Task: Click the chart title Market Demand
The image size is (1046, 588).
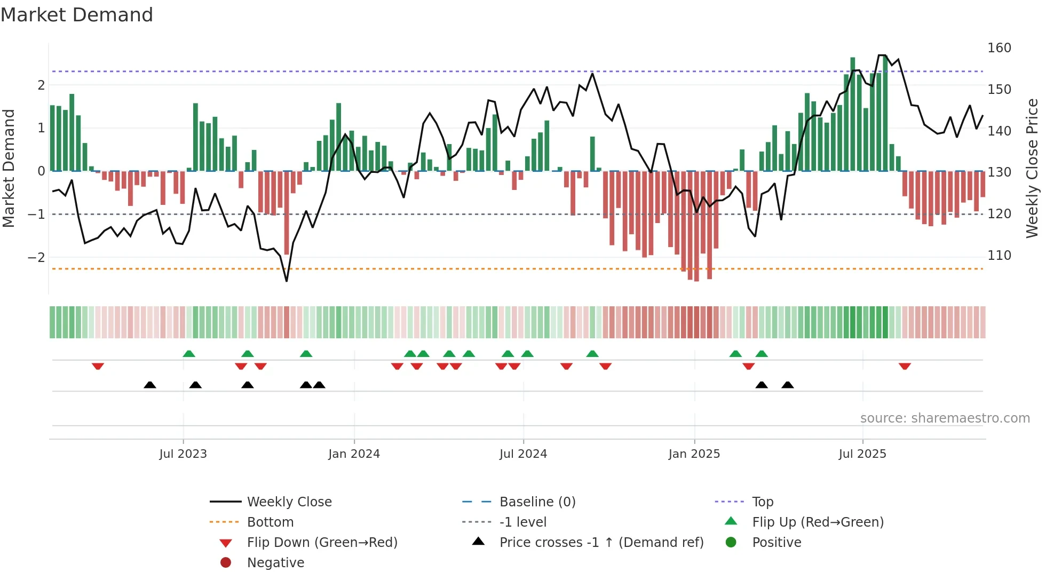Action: [77, 14]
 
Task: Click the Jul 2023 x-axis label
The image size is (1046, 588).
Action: [183, 454]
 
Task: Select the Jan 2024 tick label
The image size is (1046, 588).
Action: [354, 454]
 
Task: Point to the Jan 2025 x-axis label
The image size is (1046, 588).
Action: [694, 454]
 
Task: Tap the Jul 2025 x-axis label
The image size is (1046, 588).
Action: [862, 454]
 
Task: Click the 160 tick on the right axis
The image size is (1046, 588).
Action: [999, 48]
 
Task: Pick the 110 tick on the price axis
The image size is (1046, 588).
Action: [999, 256]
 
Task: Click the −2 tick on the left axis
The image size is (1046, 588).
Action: [36, 258]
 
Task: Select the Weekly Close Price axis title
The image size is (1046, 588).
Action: [1032, 168]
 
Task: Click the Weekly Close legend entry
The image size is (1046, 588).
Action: [289, 502]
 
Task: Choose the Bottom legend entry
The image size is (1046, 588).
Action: [270, 522]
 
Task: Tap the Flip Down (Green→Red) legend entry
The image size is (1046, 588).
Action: [322, 543]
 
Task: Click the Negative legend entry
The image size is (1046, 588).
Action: [275, 563]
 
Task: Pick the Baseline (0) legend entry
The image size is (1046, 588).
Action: [537, 502]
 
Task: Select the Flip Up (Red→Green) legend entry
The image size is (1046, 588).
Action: [818, 522]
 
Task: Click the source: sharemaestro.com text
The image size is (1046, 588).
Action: [945, 418]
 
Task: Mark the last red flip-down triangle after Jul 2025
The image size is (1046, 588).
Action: [904, 366]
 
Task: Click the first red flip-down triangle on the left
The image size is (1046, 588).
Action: [98, 366]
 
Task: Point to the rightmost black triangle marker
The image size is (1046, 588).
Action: [787, 385]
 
